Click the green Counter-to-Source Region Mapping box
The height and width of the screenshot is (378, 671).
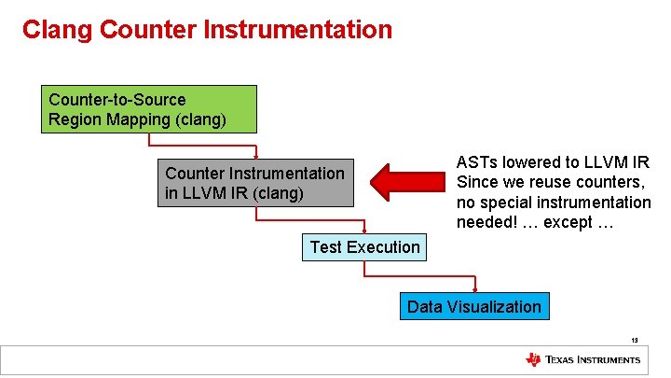coord(149,109)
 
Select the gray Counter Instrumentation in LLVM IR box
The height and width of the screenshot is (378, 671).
coord(254,183)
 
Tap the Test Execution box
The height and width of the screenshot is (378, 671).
coord(364,247)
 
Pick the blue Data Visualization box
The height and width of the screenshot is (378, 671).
coord(473,307)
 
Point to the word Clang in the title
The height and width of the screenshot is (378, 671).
coord(56,30)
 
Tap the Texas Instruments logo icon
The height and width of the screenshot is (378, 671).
coord(533,359)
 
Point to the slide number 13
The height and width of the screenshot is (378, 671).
coord(634,341)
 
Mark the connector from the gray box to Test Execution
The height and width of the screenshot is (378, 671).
coord(309,220)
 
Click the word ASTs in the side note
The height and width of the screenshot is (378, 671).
coord(476,162)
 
